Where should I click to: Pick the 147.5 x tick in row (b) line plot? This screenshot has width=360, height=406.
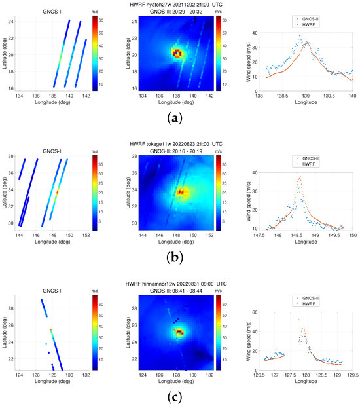point(260,234)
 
